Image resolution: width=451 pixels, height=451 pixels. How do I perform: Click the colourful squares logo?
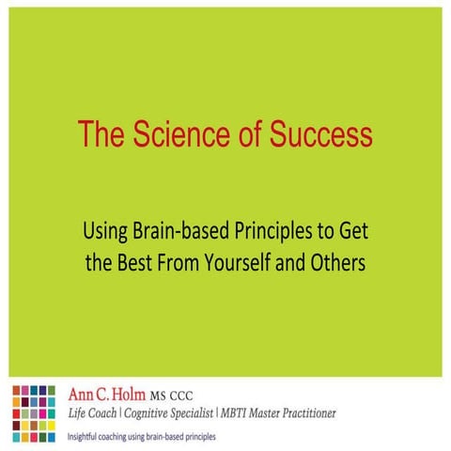34,411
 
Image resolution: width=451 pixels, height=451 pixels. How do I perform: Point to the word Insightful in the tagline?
86,436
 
